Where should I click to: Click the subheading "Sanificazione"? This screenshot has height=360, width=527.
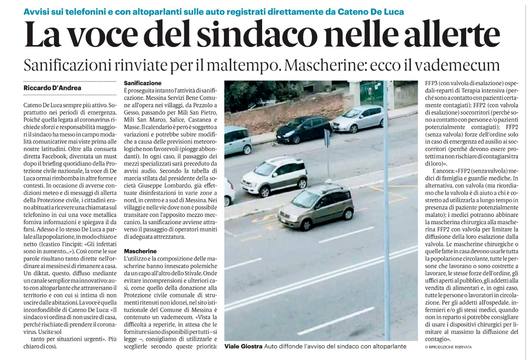pyautogui.click(x=143, y=83)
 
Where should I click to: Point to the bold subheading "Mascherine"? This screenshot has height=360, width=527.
pyautogui.click(x=141, y=251)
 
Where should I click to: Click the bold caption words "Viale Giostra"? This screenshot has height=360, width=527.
pyautogui.click(x=244, y=346)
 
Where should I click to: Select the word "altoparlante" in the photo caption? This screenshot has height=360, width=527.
pyautogui.click(x=387, y=346)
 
